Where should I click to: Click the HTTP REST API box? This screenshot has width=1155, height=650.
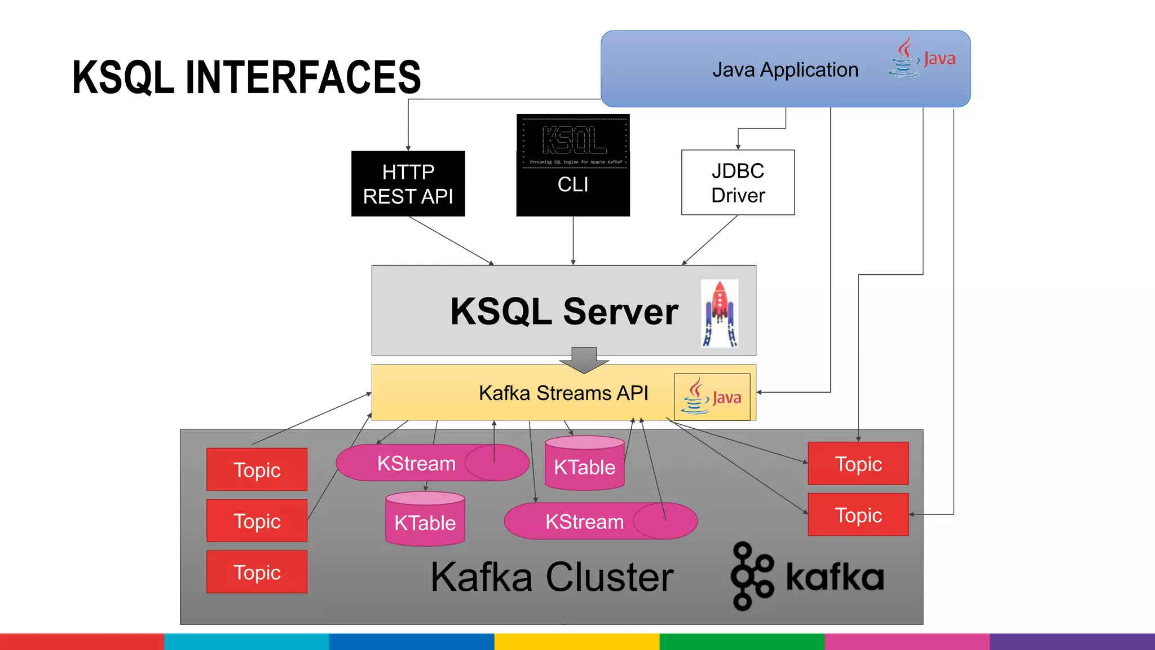tap(408, 183)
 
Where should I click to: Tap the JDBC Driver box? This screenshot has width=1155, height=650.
tap(738, 182)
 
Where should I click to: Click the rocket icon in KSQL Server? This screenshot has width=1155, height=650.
tap(720, 314)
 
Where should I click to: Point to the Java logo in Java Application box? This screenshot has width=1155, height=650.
tap(922, 58)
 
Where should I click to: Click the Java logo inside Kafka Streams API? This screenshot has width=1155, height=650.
tap(712, 397)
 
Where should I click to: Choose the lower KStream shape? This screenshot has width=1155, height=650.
tap(585, 521)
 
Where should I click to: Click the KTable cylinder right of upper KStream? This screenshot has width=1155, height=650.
tap(584, 463)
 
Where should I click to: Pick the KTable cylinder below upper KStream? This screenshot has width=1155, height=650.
tap(425, 519)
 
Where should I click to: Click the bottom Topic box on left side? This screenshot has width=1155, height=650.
tap(257, 572)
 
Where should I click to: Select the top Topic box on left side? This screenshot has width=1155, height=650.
tap(257, 469)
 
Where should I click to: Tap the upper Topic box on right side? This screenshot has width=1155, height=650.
tap(858, 464)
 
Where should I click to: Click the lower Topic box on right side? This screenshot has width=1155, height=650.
tap(858, 515)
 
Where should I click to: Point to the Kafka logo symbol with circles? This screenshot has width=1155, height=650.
tap(752, 576)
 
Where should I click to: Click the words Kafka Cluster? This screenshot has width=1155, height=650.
tap(552, 577)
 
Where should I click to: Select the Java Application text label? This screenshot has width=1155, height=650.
tap(784, 70)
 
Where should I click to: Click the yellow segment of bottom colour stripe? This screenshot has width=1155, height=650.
tap(576, 642)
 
